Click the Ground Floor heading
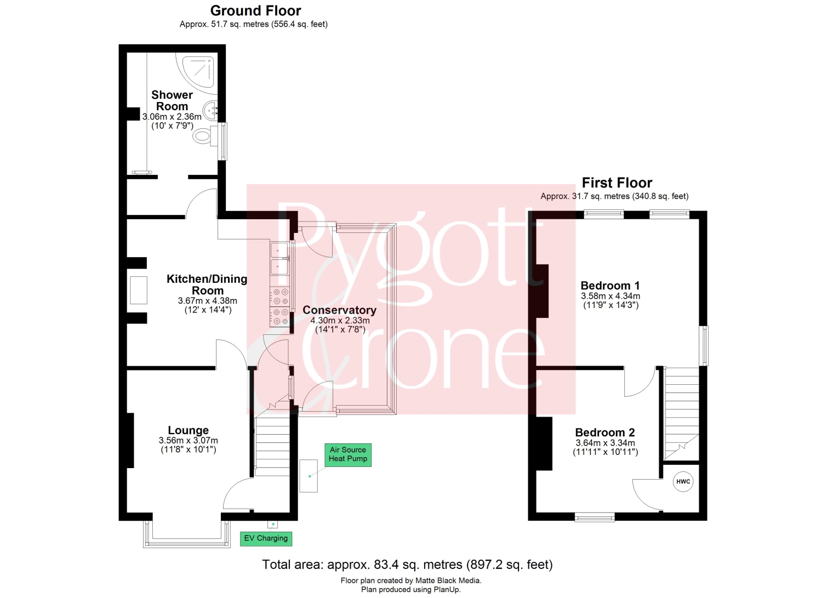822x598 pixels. (255, 11)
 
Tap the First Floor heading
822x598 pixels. (617, 183)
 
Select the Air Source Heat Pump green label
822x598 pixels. (347, 455)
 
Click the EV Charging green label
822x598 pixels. (266, 539)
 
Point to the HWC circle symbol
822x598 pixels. (683, 482)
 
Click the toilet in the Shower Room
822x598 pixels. (205, 136)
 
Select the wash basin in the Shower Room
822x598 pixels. (210, 110)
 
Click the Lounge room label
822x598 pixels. (189, 430)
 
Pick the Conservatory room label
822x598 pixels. (339, 310)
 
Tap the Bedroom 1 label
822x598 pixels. (610, 285)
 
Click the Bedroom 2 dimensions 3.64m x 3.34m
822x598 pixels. (605, 443)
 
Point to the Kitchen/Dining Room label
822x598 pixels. (207, 284)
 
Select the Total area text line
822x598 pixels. (407, 564)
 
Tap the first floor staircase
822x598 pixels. (682, 413)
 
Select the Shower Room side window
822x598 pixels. (222, 141)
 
